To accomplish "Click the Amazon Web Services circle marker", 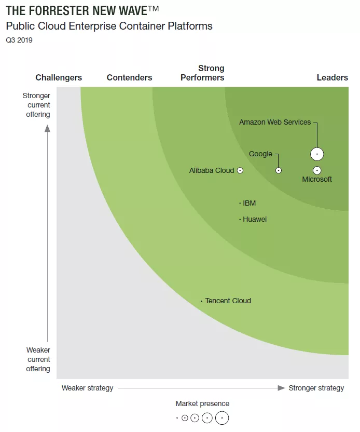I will coord(317,154).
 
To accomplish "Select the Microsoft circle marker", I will coord(317,170).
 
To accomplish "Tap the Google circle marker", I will coord(279,170).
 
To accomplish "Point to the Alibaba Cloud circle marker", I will coord(240,170).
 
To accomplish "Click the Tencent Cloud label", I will coord(228,301).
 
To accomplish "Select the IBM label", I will coord(249,203).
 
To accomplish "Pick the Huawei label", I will coord(255,219).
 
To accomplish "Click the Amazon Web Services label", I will coord(275,122).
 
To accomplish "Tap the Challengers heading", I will coord(59,77).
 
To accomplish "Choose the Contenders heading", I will coord(129,77).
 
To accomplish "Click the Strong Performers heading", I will coord(203,73).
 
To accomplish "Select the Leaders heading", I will coord(332,77).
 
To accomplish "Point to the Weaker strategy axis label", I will coord(87,388).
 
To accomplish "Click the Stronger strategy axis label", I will coord(316,388).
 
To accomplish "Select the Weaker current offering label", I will coord(38,359).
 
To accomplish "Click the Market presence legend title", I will coord(202,403).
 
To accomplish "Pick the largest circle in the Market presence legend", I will coord(222,417).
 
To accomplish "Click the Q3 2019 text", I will coord(19,40).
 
